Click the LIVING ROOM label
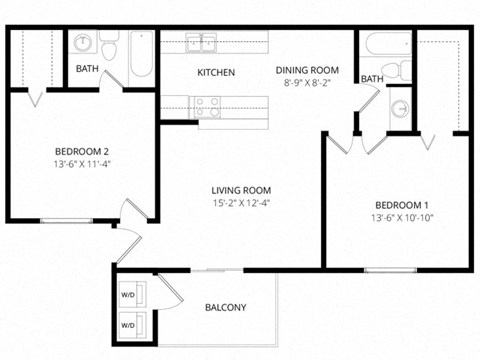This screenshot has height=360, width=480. tap(241, 189)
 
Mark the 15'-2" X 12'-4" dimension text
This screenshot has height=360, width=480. tap(241, 203)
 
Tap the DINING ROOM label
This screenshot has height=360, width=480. tap(307, 70)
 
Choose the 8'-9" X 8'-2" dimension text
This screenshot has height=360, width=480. tap(307, 84)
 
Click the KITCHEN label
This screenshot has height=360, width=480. tap(216, 73)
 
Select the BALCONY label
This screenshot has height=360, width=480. tap(225, 307)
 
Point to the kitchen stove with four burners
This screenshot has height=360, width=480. tap(208, 106)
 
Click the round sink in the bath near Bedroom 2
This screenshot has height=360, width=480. tap(83, 45)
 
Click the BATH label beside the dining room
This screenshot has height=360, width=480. tap(372, 79)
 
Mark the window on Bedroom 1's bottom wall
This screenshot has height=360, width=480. tap(390, 270)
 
